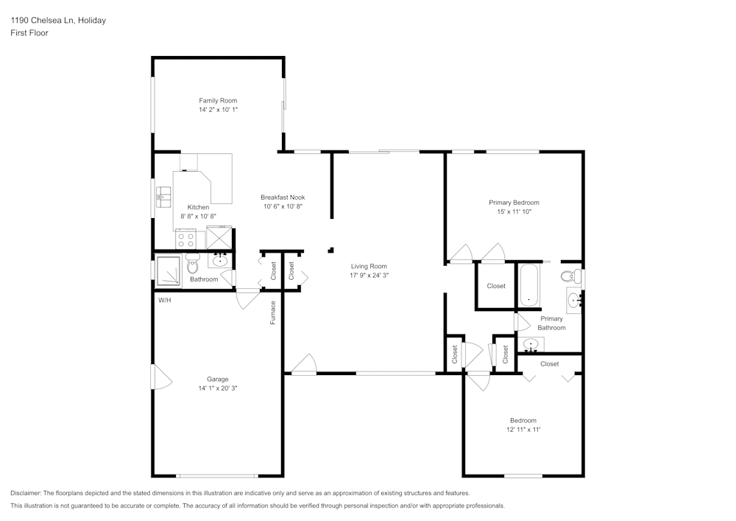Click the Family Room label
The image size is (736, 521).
pos(218,100)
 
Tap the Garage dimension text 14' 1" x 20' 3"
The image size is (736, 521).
pos(217,388)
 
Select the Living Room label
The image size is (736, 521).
pos(369,266)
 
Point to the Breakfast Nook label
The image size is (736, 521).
pos(283,197)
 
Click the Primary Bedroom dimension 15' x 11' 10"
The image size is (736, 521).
pos(514,211)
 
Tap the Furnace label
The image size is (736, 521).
pos(272,312)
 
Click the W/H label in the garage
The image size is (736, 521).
pos(164,300)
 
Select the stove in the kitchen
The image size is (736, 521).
pos(185,239)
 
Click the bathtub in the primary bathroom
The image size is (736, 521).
pos(529,285)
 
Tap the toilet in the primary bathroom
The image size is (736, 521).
pos(568,277)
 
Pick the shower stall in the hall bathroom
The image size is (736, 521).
pos(169,270)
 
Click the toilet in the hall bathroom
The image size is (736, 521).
pos(193,263)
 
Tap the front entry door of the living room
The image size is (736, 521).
pos(303,366)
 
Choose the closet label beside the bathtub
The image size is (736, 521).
pos(496,286)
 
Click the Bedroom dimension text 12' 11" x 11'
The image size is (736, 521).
pos(523,430)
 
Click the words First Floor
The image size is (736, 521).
pos(29,33)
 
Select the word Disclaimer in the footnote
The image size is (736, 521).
pos(26,493)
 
